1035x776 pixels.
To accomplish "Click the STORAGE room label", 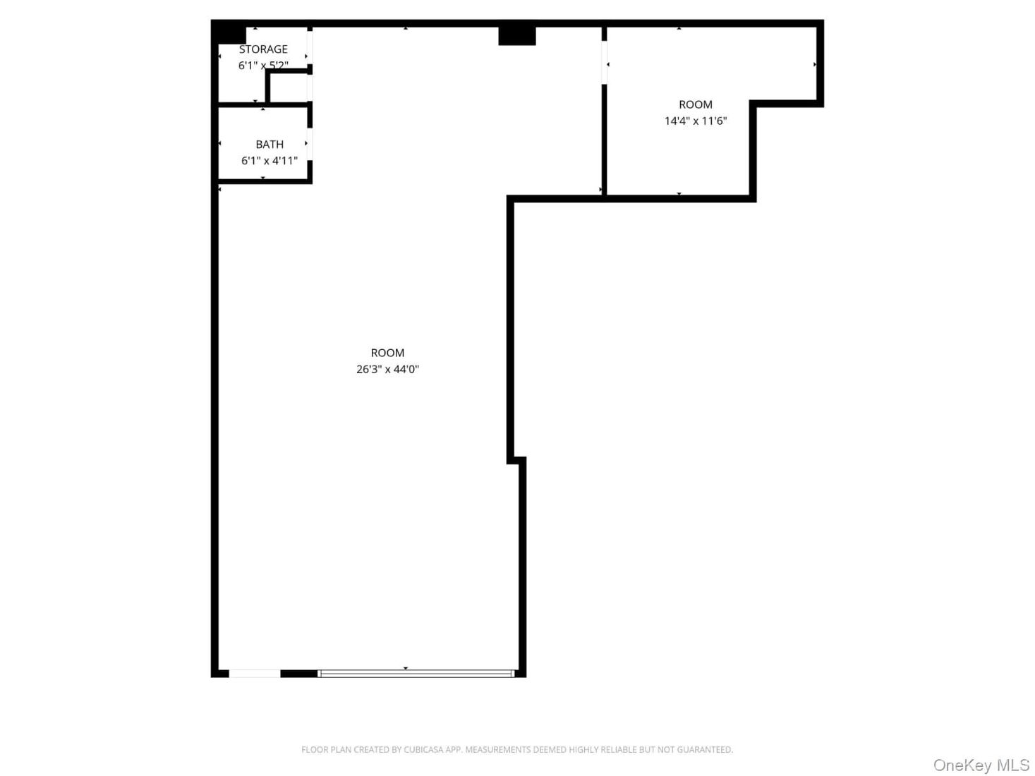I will point(263,49).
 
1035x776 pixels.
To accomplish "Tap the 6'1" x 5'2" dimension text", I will point(263,66).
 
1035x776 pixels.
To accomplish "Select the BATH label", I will point(270,145).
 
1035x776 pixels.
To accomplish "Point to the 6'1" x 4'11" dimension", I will point(270,161).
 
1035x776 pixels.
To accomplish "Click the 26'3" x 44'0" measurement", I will point(387,369).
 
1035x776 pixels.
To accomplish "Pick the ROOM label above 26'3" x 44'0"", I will point(387,353).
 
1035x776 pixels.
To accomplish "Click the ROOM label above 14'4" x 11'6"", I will point(695,104).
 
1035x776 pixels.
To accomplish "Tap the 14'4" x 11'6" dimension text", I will point(695,121).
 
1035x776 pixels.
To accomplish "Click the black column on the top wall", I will point(516,35).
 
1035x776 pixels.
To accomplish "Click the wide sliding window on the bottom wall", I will point(416,674).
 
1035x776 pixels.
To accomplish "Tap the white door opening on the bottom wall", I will point(255,674).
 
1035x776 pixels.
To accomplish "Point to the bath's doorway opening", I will point(310,144).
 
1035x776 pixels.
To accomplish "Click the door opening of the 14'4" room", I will point(604,63).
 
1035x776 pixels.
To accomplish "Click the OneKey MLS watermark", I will point(981,765).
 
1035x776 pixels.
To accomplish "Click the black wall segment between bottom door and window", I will point(299,674).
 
